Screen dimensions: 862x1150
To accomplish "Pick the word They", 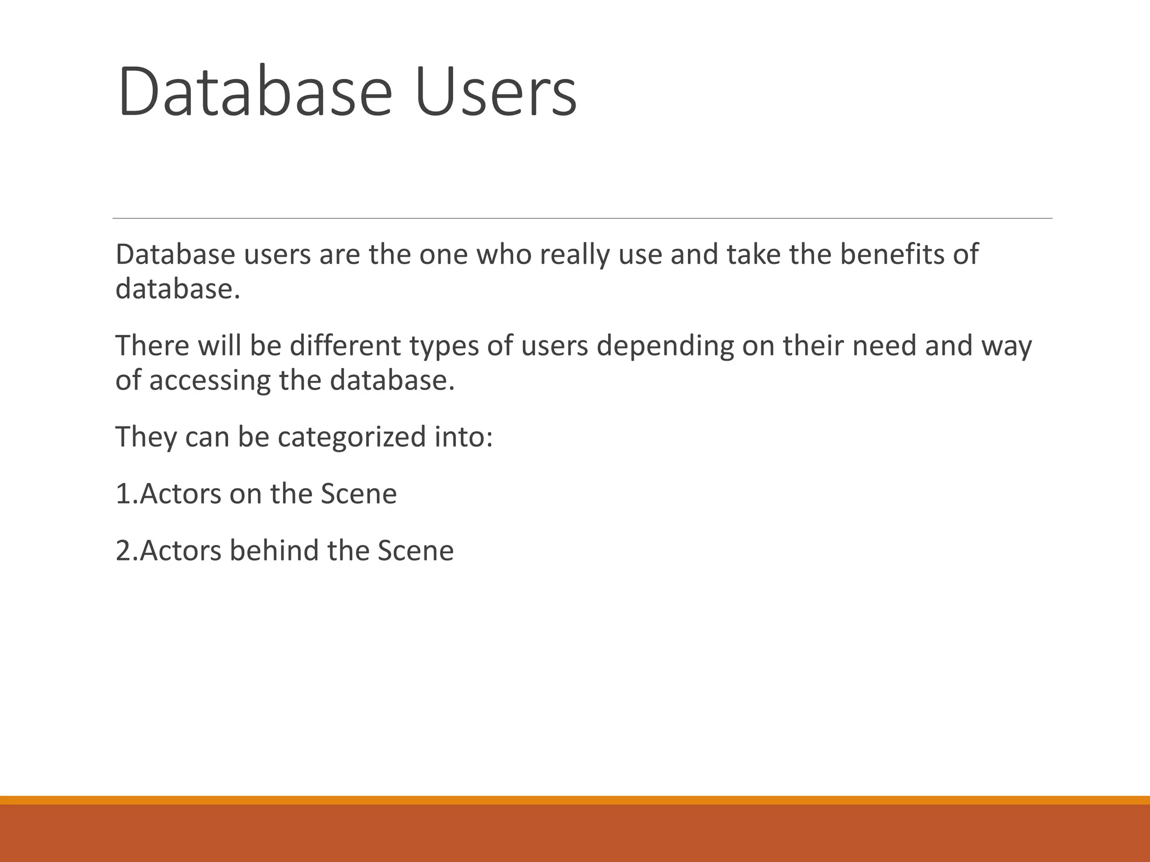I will pyautogui.click(x=145, y=437).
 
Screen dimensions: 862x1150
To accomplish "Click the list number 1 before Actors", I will pyautogui.click(x=123, y=494).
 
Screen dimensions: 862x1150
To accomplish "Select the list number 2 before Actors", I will pyautogui.click(x=123, y=551).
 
